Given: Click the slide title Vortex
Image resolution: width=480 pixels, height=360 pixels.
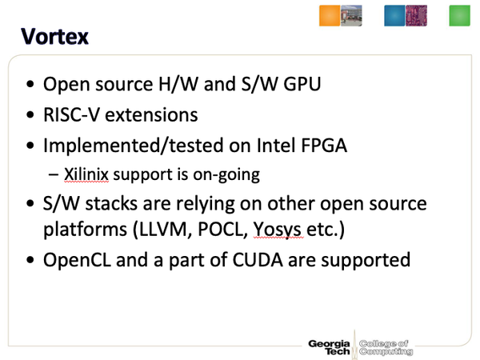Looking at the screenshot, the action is (x=54, y=37).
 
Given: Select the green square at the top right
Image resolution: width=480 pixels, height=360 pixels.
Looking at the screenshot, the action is (x=459, y=16).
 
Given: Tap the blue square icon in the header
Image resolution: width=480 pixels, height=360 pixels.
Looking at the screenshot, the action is (x=395, y=16).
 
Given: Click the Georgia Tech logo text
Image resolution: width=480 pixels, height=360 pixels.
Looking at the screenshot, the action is (x=330, y=347).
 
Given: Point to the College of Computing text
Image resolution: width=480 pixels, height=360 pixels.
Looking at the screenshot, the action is (x=386, y=347).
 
